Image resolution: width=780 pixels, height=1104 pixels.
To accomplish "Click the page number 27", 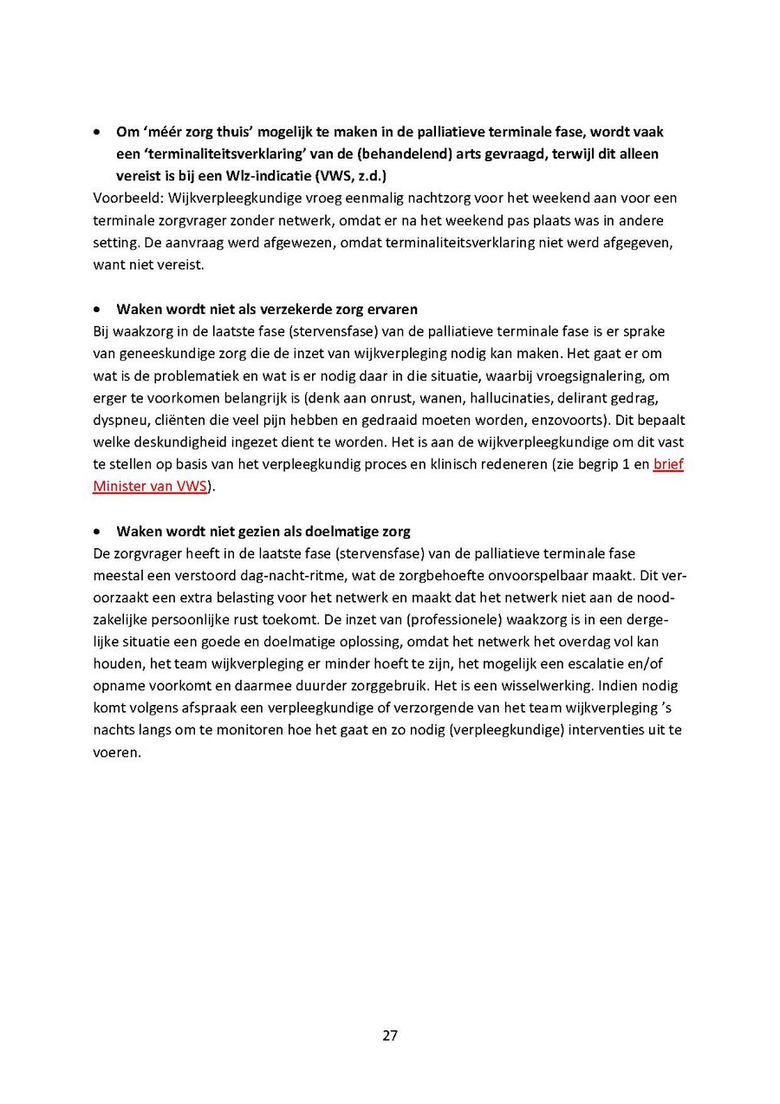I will pos(390,1035).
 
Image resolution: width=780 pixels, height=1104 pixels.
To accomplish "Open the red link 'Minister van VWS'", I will pos(149,487).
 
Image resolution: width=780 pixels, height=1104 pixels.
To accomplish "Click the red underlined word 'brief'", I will pos(668,464).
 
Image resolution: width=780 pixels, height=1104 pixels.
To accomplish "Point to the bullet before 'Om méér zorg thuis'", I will pos(98,132).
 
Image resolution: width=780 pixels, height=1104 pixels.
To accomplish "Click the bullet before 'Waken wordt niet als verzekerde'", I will pos(98,310).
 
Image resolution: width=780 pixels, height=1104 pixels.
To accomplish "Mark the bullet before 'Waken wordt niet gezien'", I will pos(98,532).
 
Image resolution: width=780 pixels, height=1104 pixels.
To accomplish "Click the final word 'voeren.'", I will pos(117,753).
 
